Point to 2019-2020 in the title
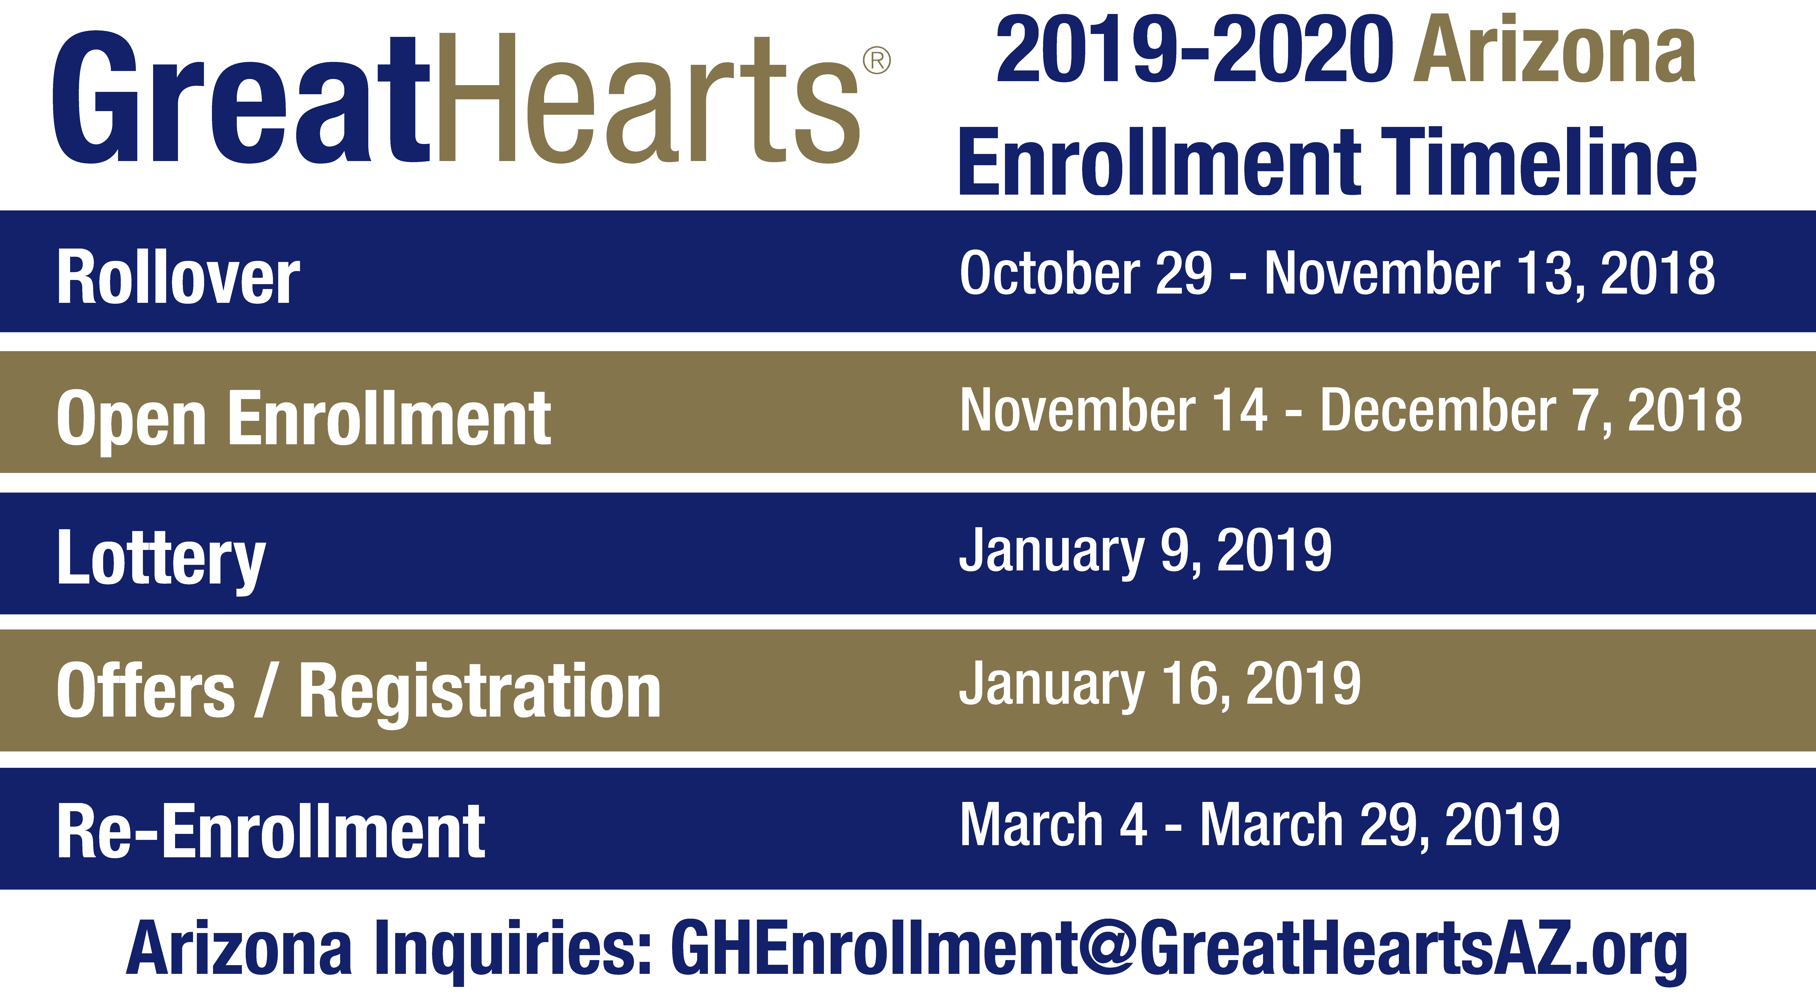click(x=1194, y=49)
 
